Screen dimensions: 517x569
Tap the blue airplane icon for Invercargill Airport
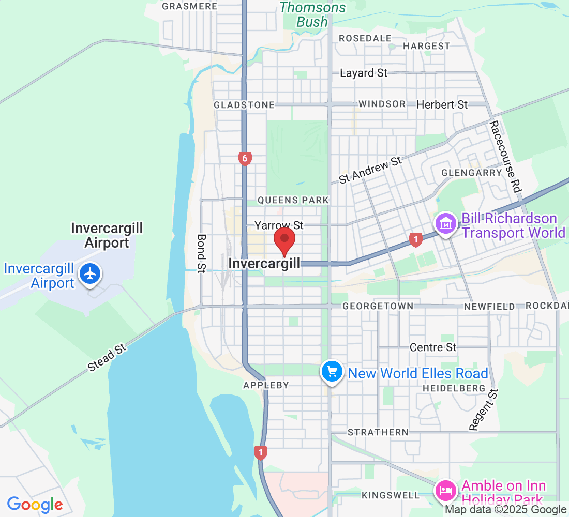[91, 273]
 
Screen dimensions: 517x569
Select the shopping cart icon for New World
[332, 371]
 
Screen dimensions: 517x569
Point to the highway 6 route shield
[245, 158]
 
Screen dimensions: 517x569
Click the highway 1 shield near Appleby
[261, 453]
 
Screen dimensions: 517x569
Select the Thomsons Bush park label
[312, 14]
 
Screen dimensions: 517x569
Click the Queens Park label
[293, 200]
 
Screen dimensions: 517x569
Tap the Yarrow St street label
[279, 225]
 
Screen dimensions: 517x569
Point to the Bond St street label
[202, 253]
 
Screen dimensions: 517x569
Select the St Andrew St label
[370, 170]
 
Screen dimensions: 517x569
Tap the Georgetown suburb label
[378, 307]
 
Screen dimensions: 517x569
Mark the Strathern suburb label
[378, 432]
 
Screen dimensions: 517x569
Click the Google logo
[35, 505]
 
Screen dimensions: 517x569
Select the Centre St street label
[433, 347]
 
